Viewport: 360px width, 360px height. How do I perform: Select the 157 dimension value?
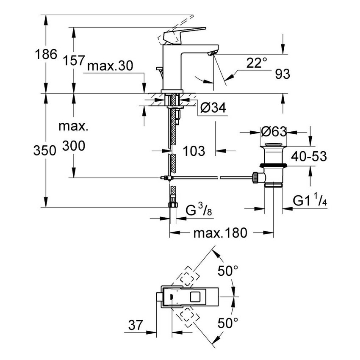(74, 61)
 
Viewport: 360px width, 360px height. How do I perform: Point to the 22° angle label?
(257, 63)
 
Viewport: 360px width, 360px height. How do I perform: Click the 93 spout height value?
(282, 74)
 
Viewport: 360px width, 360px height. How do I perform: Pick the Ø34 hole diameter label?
(212, 108)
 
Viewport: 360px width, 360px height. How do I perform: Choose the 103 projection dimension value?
(194, 150)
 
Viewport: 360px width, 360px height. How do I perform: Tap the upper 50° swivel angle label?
(228, 270)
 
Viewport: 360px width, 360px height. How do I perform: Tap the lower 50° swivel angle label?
(228, 324)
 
